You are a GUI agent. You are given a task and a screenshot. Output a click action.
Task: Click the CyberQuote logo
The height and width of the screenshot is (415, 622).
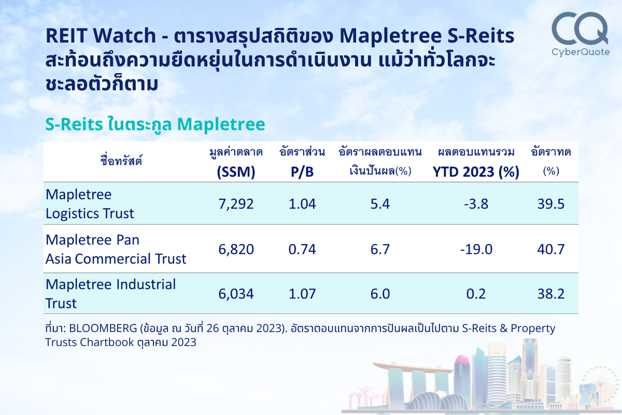click(x=579, y=34)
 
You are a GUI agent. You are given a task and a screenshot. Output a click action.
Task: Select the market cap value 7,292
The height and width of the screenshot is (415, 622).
click(x=236, y=204)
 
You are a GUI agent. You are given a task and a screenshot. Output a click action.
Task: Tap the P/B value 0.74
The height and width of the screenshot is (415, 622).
click(x=302, y=250)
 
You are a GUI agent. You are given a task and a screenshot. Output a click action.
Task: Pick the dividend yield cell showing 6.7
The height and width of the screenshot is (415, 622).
click(x=380, y=250)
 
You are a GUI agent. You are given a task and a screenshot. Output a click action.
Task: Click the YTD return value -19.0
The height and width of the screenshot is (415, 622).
click(x=476, y=250)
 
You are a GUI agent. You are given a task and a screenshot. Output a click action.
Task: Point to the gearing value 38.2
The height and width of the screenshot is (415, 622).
click(x=550, y=294)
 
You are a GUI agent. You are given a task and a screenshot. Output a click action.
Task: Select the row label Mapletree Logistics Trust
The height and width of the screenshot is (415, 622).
click(x=90, y=204)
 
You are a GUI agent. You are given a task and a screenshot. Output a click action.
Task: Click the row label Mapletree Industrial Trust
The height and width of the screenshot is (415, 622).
click(x=110, y=294)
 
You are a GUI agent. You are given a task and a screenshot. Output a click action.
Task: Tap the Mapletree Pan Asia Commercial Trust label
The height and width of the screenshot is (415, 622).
click(x=116, y=250)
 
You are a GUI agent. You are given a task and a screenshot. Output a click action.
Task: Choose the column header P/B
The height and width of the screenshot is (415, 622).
click(x=302, y=172)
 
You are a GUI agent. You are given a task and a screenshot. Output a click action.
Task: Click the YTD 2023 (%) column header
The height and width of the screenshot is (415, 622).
click(x=476, y=172)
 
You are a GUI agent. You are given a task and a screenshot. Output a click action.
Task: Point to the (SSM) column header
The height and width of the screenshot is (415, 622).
click(x=236, y=172)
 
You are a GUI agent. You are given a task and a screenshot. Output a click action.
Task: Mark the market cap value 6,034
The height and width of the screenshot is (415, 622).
click(x=236, y=294)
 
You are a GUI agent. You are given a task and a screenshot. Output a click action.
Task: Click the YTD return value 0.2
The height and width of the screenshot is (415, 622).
click(x=476, y=294)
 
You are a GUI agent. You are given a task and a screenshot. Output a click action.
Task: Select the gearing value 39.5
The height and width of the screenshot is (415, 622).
click(x=550, y=204)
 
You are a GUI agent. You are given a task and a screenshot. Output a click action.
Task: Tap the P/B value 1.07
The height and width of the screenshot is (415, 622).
click(x=302, y=294)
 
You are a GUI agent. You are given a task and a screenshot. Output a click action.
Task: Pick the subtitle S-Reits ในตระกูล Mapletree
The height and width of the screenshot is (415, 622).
click(x=155, y=125)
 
